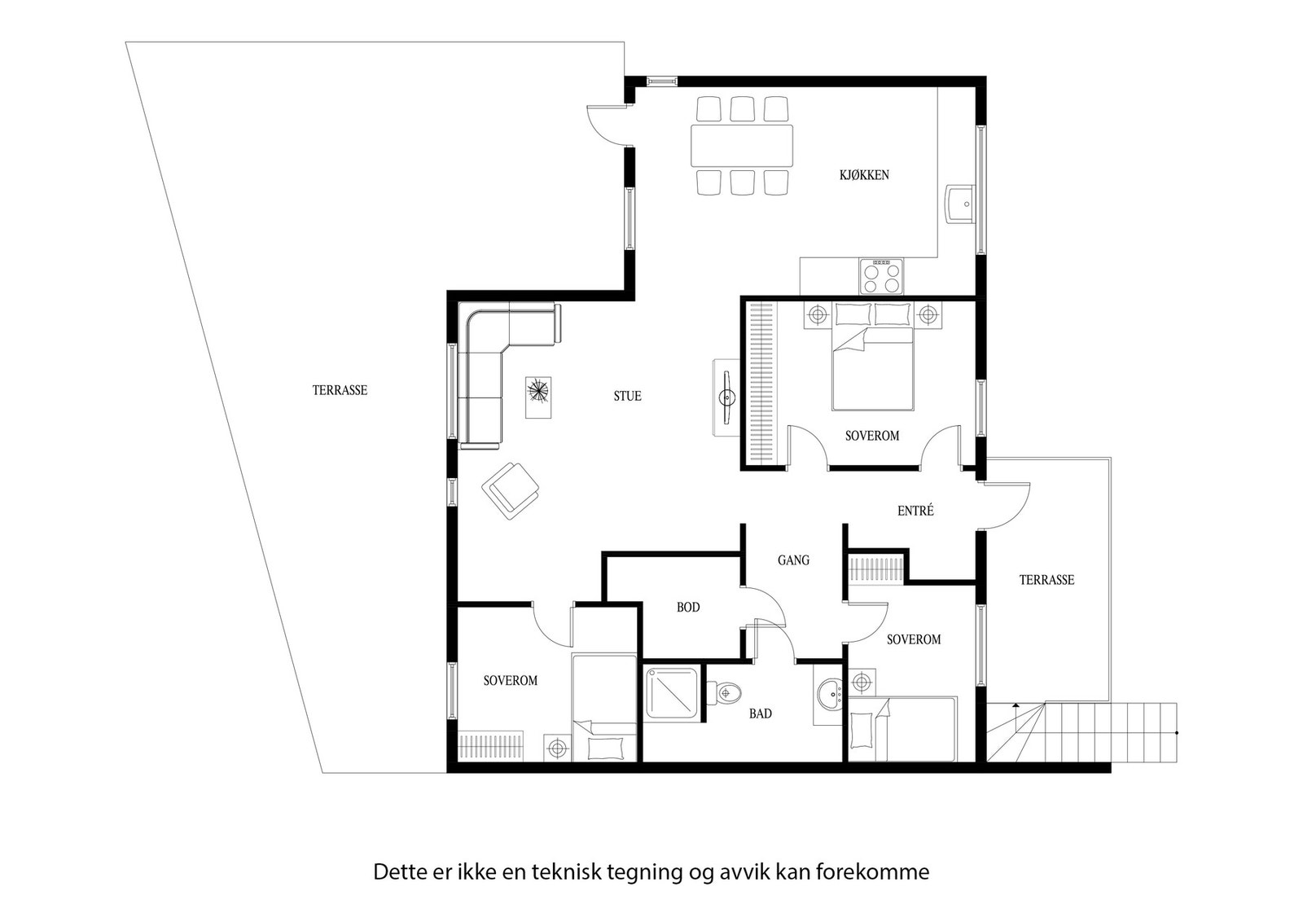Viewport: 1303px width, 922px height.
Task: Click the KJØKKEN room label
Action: (x=864, y=175)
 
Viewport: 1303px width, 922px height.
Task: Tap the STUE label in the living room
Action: (x=627, y=396)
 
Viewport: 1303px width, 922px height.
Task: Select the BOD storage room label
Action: (x=687, y=608)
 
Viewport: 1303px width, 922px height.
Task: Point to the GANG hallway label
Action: (x=793, y=560)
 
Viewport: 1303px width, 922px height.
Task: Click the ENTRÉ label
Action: (x=915, y=511)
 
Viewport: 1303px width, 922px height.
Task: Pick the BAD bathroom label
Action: (x=761, y=713)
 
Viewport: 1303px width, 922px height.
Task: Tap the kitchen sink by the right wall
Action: (x=961, y=204)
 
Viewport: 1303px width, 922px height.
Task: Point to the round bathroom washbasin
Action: (x=830, y=695)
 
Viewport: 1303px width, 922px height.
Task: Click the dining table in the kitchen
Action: (x=742, y=145)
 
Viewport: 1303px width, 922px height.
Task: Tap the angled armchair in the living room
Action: (x=510, y=491)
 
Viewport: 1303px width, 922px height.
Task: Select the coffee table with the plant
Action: (x=538, y=397)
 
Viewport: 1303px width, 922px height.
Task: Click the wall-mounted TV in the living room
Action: (x=726, y=397)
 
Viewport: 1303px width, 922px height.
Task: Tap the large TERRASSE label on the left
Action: (x=340, y=390)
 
